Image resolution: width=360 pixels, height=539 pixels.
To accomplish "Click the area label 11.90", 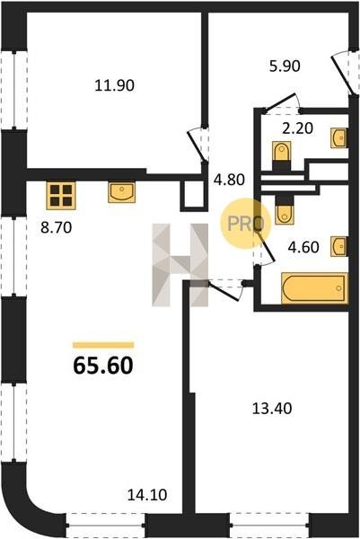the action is click(114, 85).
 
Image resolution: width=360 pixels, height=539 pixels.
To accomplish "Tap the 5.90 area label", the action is click(285, 66).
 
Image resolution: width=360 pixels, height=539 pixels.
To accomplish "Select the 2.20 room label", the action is click(297, 128).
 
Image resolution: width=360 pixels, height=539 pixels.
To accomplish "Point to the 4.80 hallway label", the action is click(229, 180).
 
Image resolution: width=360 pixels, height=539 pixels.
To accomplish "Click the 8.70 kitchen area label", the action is click(57, 227).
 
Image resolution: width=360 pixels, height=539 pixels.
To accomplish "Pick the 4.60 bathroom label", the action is click(303, 247).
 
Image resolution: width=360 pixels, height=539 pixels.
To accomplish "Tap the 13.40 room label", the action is click(272, 409).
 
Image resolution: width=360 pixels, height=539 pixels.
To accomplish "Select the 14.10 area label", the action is click(147, 495).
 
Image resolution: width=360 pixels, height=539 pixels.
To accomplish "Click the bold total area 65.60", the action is click(103, 365).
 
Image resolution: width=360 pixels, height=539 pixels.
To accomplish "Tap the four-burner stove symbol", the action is click(61, 195).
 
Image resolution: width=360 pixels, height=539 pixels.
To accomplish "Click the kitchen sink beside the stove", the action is click(121, 192).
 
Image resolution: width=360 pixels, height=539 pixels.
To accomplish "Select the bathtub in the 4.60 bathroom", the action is click(314, 288).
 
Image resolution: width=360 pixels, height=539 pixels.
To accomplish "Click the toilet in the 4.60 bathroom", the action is click(284, 210).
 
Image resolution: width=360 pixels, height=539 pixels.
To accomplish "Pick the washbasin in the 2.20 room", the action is click(338, 137).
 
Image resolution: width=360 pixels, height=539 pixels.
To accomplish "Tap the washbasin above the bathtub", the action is click(339, 246).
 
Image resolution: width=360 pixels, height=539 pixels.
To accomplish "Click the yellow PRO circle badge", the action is click(246, 223).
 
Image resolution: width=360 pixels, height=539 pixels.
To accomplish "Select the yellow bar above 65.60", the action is click(103, 345).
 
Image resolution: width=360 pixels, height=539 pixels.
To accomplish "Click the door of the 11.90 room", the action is click(196, 146).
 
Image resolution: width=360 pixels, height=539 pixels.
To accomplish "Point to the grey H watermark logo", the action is click(180, 265).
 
